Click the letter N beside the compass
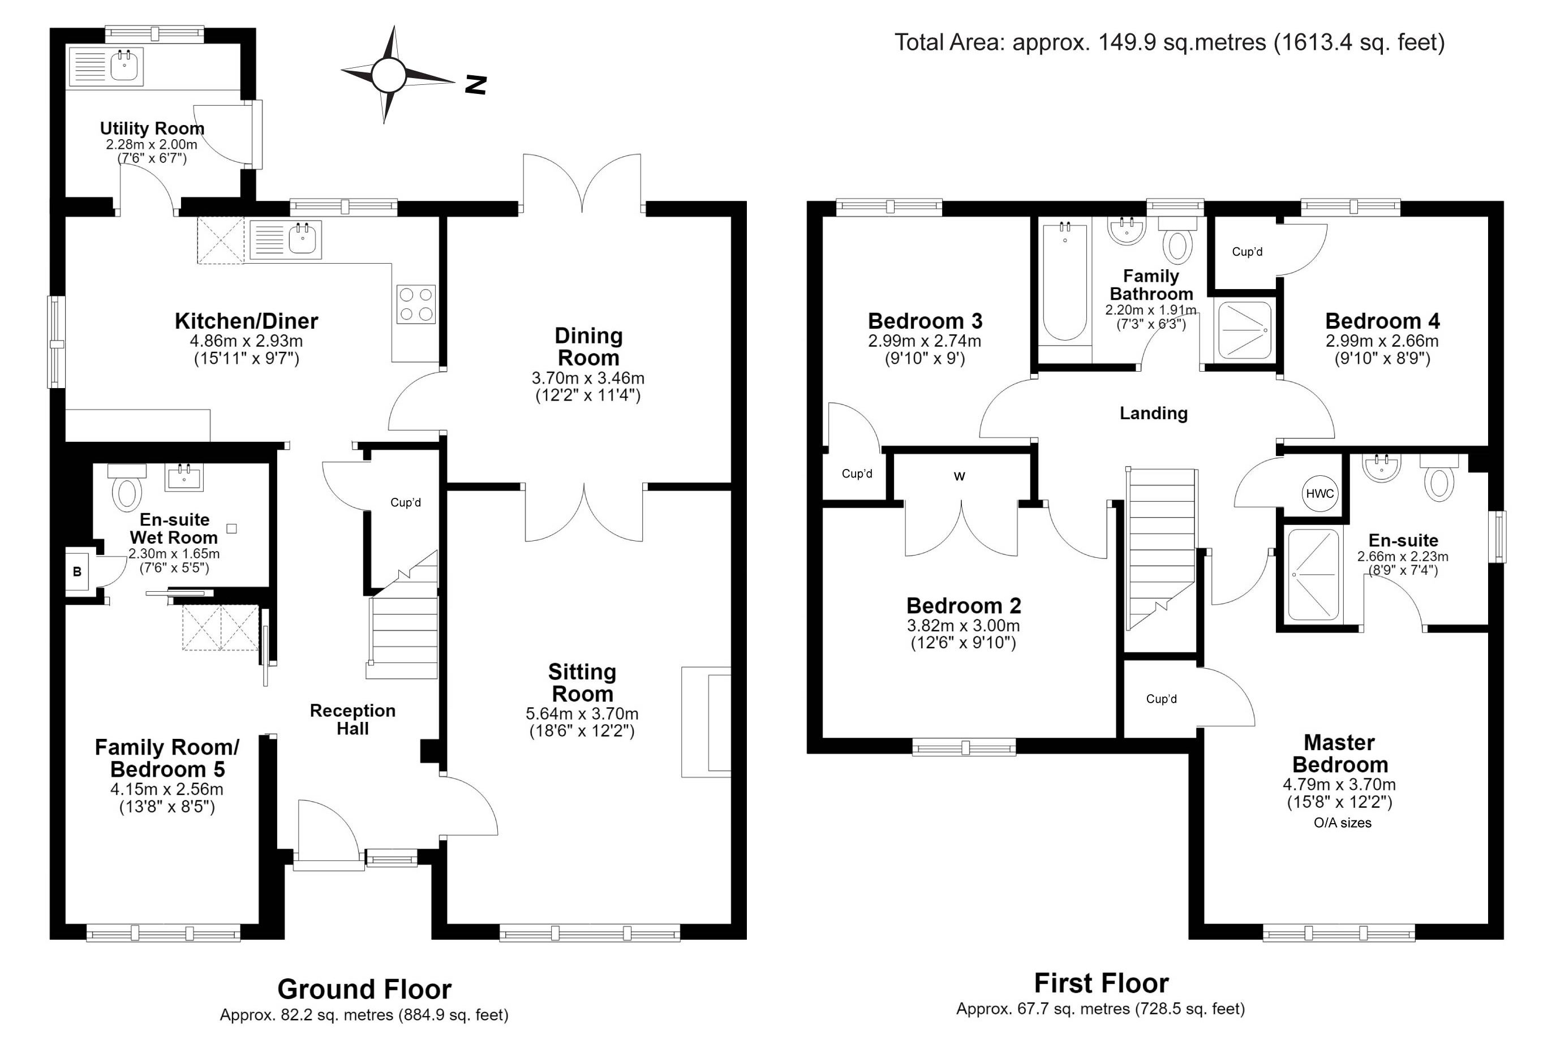click(475, 85)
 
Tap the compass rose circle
click(388, 75)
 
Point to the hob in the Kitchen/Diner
click(416, 304)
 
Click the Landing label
click(1153, 414)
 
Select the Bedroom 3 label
click(925, 321)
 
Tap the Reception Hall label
click(353, 720)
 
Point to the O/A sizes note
click(1343, 823)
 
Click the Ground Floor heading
click(364, 989)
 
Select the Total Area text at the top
click(1169, 42)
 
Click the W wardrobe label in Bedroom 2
click(960, 476)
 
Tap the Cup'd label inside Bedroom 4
click(1247, 252)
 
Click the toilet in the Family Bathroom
click(1177, 240)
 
